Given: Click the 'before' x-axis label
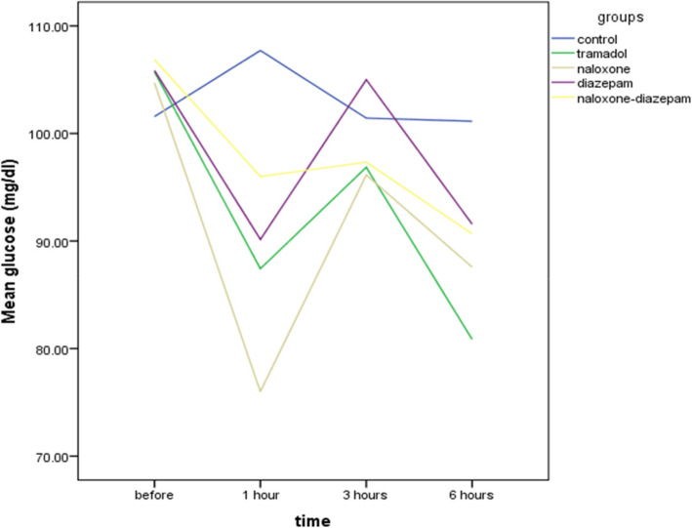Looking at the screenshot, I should click(156, 496).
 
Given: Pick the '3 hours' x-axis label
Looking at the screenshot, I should click(365, 496).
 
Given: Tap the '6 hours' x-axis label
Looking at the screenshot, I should click(470, 496).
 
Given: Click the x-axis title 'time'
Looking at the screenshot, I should click(313, 519).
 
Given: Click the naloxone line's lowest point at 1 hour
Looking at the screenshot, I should click(260, 391).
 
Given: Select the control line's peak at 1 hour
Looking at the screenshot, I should click(260, 50).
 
